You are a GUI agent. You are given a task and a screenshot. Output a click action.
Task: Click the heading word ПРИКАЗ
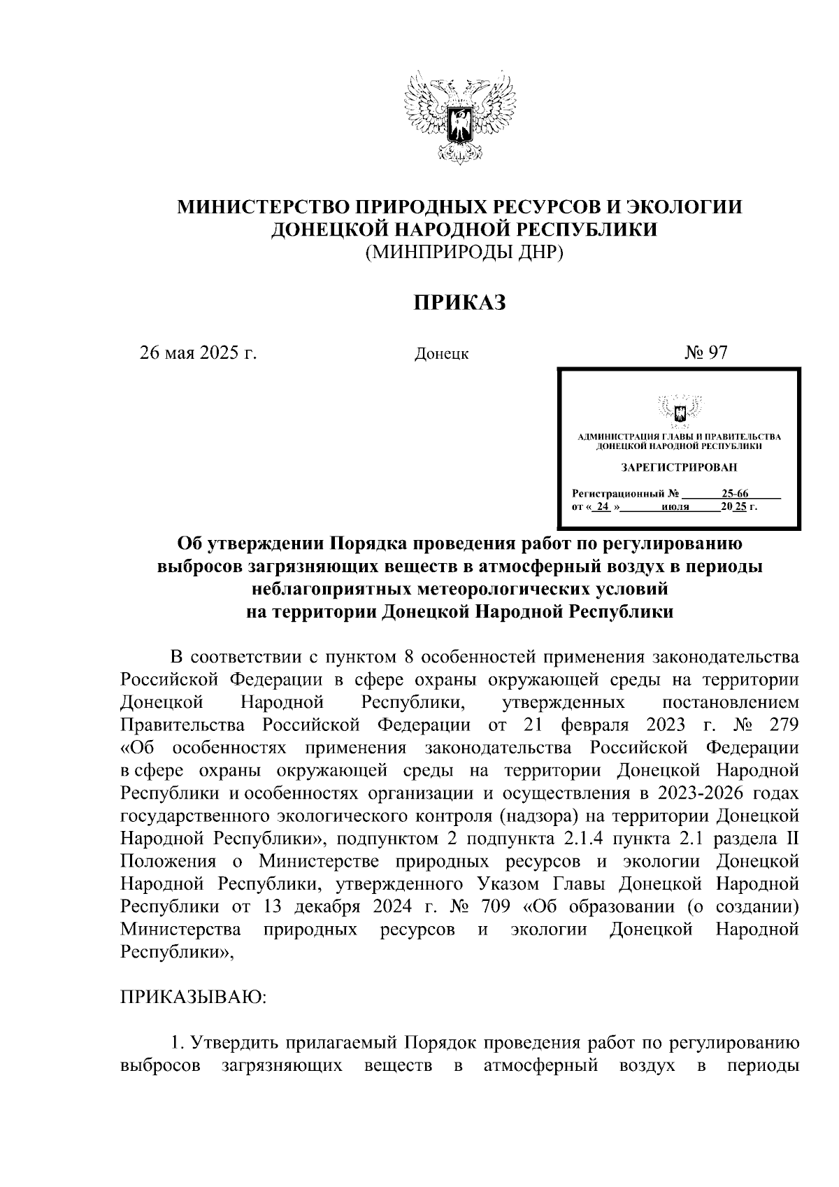[459, 302]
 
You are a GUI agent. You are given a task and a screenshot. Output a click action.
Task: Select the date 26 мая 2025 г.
[199, 353]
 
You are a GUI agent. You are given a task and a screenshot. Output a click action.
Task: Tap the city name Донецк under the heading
[441, 354]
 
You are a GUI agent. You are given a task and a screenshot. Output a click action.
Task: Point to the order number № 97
[706, 353]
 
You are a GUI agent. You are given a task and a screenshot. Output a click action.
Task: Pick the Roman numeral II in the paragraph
[791, 838]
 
